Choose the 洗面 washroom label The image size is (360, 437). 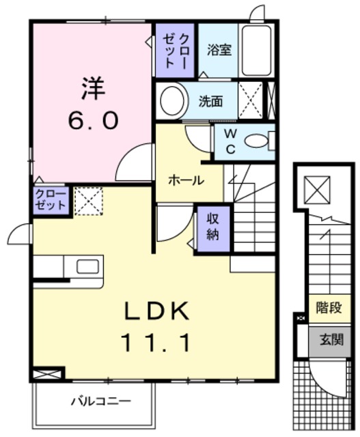click(210, 101)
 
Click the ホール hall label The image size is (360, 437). click(185, 181)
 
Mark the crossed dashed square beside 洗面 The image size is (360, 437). click(250, 101)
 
